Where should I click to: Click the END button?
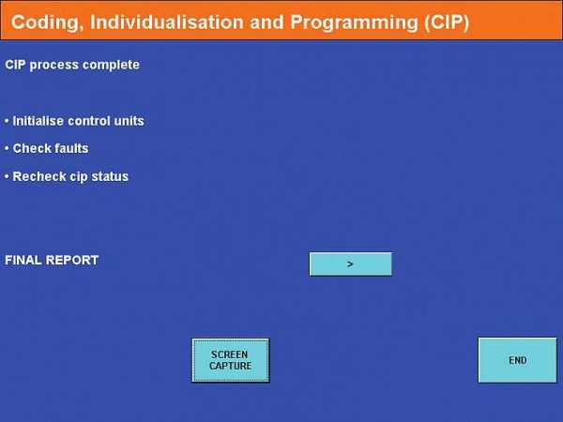point(517,360)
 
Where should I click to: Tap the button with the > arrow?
point(350,264)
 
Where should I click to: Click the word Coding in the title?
point(45,23)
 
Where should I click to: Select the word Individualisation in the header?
point(167,22)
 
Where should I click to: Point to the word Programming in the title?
point(354,23)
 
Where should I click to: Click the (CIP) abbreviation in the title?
point(447,23)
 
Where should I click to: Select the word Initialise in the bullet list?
point(38,121)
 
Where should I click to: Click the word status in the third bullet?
point(110,176)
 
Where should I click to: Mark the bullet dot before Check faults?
point(7,148)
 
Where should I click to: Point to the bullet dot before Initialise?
point(7,121)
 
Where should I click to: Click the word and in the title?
point(266,22)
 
